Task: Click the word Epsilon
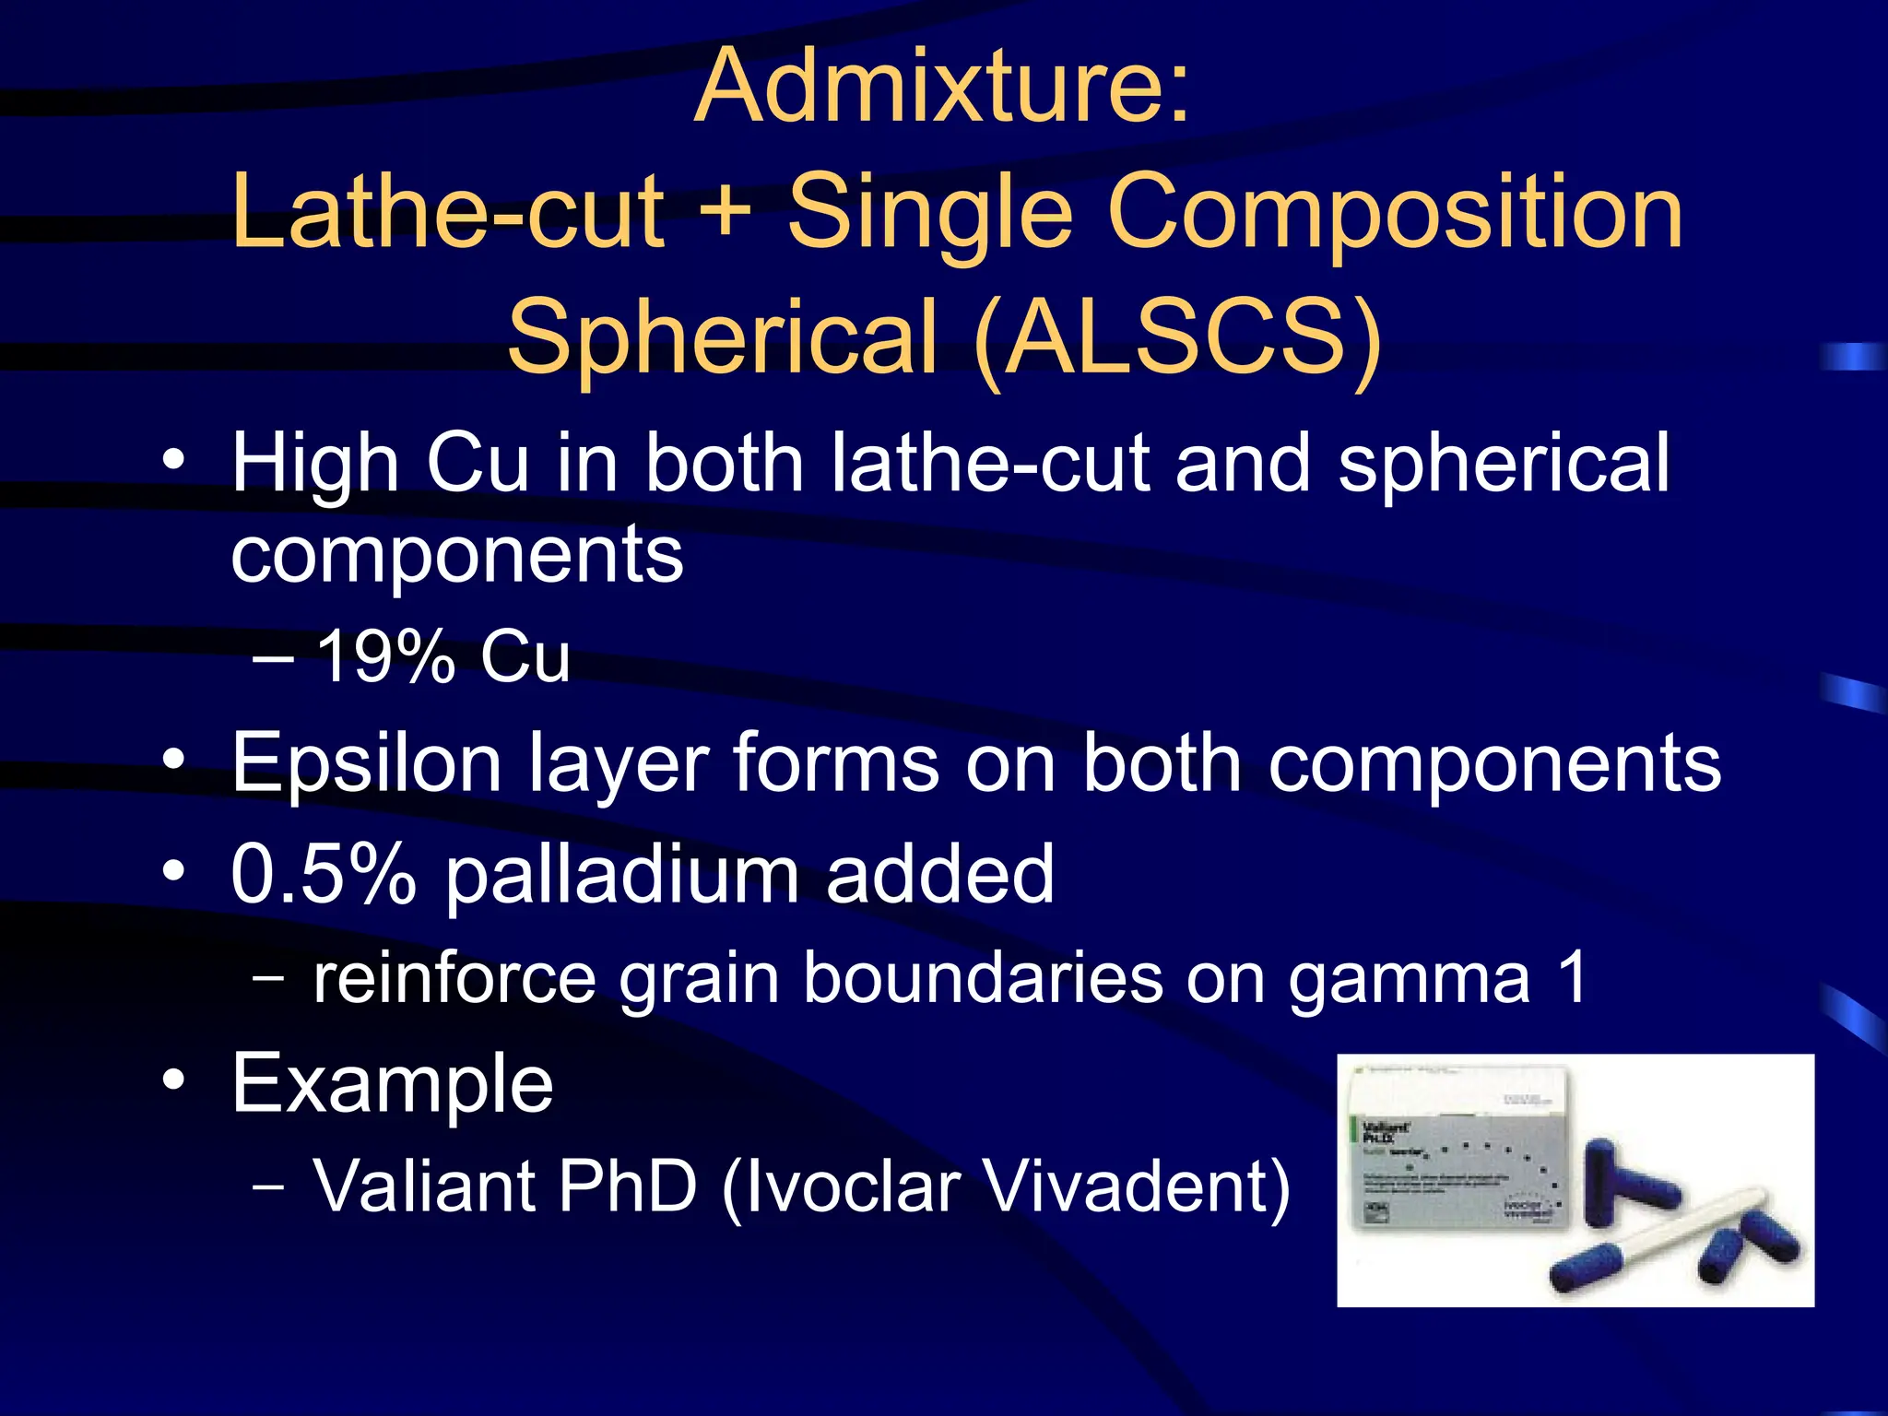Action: click(366, 763)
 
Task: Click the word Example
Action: click(393, 1084)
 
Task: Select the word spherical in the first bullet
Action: click(1503, 464)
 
